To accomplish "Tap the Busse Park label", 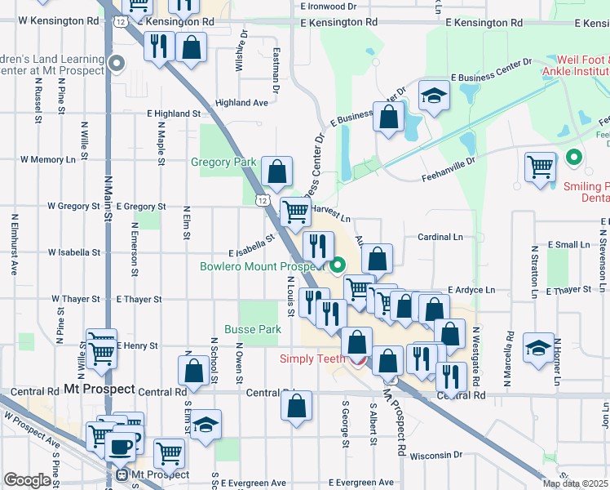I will (x=260, y=329).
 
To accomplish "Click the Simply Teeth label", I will (x=313, y=359).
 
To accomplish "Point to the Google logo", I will (x=27, y=480).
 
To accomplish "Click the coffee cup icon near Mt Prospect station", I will (x=122, y=448).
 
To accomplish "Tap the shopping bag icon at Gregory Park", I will (x=277, y=172).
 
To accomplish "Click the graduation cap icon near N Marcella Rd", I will (x=539, y=348).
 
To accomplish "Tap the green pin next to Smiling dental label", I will (x=574, y=158).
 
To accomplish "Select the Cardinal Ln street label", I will (x=440, y=237).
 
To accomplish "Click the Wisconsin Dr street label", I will (x=435, y=455).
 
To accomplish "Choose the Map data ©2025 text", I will (x=576, y=483).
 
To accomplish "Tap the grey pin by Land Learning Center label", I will (x=117, y=62).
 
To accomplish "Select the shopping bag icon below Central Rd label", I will (x=298, y=406).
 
